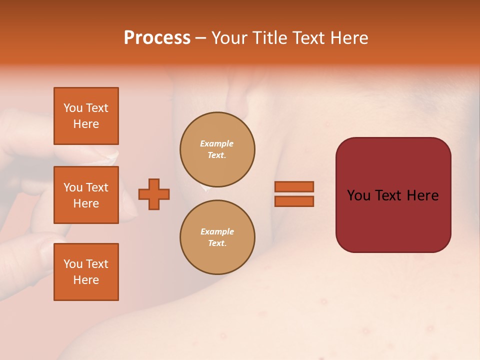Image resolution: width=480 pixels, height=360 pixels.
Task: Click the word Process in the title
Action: [157, 38]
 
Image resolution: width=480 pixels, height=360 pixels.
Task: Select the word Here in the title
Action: [348, 38]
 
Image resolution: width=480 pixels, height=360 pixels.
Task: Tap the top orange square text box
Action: [86, 116]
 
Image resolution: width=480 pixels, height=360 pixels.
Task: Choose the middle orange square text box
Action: [86, 195]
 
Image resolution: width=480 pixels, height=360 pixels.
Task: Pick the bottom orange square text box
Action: [86, 272]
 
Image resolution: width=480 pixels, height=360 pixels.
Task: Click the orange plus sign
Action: [154, 194]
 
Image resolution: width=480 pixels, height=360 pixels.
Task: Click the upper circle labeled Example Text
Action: [217, 149]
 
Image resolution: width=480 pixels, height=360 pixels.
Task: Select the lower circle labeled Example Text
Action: [217, 237]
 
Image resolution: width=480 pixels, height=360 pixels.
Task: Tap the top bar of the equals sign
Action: [294, 186]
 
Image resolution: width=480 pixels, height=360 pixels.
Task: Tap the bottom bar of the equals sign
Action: [294, 201]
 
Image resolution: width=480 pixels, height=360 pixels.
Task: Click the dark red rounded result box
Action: [393, 220]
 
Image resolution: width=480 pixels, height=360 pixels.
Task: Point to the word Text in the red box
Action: [393, 195]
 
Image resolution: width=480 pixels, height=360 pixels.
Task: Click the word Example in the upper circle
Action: [217, 143]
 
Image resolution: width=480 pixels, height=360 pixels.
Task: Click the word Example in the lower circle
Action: [217, 231]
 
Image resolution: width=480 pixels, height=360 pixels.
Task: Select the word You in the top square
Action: [73, 108]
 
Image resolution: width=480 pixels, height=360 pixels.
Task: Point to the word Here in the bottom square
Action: [86, 280]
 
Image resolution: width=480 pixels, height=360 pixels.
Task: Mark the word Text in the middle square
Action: [96, 187]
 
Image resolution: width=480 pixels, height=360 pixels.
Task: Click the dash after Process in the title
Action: [200, 38]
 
